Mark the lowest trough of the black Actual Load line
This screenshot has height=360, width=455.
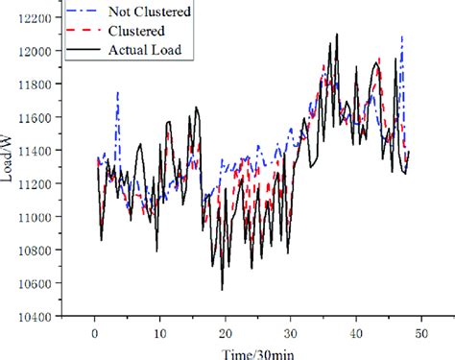pyautogui.click(x=223, y=289)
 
